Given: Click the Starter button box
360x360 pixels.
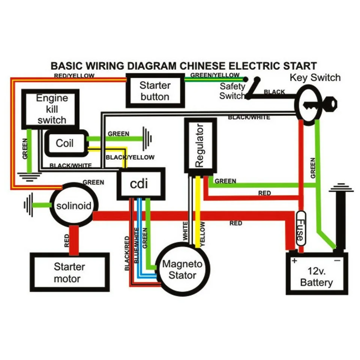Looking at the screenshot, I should [155, 91].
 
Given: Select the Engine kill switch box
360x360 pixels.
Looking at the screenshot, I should [52, 109].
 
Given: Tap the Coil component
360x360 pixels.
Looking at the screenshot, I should [65, 143].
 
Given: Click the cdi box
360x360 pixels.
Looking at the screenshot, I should [141, 184].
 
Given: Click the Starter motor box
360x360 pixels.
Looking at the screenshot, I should [69, 273].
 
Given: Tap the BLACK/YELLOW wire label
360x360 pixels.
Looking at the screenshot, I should [130, 157].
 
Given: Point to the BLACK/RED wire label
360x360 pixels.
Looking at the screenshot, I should [127, 253].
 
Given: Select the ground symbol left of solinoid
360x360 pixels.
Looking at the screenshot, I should [28, 205].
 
